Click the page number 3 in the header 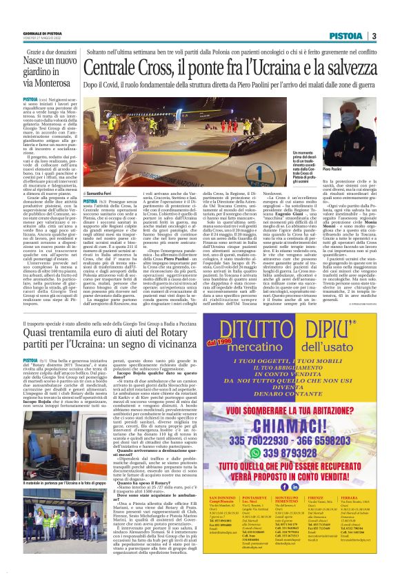pos(373,36)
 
